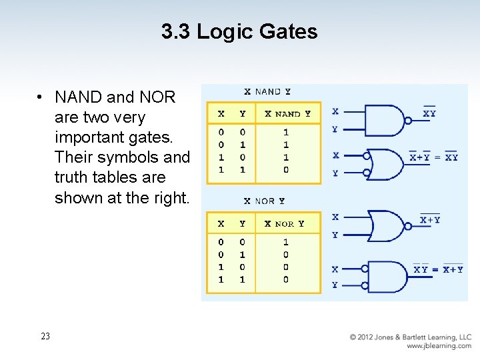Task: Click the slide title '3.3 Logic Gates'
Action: [239, 31]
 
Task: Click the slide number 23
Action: [45, 336]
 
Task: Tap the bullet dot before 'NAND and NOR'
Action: [41, 97]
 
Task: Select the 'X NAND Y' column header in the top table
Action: [287, 114]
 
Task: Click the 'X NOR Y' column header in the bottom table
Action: [285, 224]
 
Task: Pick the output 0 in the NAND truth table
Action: [286, 170]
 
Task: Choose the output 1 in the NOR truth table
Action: [286, 242]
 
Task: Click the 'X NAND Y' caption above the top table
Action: [267, 92]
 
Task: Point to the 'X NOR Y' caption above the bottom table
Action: [264, 201]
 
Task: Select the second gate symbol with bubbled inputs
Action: [385, 164]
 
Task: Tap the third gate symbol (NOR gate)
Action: [385, 226]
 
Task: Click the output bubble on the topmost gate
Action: [408, 121]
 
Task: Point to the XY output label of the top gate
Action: [429, 113]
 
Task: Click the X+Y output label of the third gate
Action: [430, 219]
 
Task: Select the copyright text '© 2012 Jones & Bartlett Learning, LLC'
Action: [411, 337]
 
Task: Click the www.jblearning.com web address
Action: [439, 346]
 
